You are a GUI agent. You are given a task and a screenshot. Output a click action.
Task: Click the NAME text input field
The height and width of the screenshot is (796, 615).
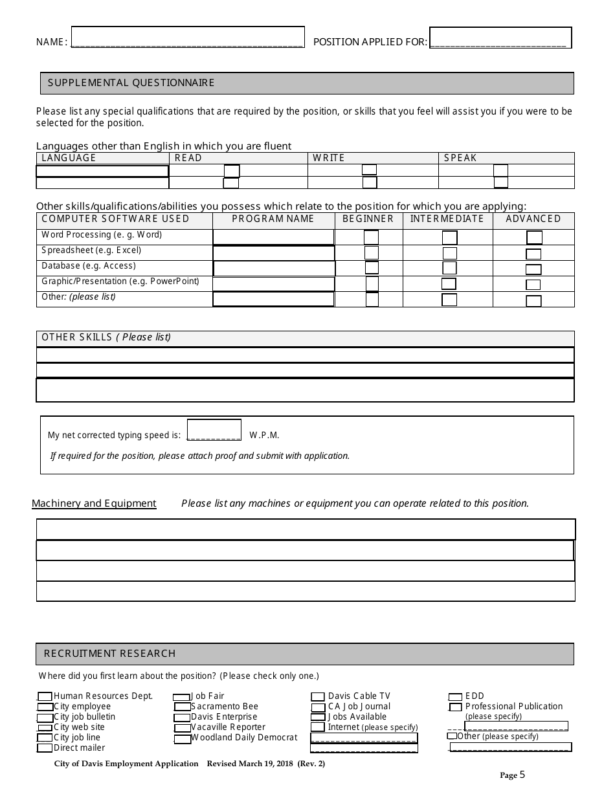coord(187,38)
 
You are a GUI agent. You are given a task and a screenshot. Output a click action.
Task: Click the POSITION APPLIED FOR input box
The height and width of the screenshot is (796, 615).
coord(500,38)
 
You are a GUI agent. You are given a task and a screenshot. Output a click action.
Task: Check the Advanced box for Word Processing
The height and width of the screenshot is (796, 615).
coord(534,238)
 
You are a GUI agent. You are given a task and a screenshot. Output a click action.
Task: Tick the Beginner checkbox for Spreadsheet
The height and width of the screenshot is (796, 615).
coord(372,253)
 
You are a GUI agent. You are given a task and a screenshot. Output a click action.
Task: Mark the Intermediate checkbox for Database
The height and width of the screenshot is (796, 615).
coord(449,268)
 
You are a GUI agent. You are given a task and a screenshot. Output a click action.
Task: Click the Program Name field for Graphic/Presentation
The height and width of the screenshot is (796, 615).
coord(273,284)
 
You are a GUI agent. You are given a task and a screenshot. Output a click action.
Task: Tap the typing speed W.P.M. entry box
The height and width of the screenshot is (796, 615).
coord(214,430)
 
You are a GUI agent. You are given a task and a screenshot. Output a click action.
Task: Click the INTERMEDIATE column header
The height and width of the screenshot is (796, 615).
coord(447,219)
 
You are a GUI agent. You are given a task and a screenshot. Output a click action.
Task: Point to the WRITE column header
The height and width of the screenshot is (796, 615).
coord(329,158)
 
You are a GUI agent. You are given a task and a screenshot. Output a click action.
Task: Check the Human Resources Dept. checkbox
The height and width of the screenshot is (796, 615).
coord(45,697)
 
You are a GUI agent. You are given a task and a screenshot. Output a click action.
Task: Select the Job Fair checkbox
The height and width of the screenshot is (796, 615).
coord(181,697)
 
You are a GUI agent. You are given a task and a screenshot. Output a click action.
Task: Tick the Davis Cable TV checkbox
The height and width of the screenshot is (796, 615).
coord(318,697)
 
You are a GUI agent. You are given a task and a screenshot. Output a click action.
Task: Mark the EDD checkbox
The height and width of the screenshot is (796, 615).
coord(455,697)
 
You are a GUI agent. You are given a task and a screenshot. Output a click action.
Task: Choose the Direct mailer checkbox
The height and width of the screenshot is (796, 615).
coord(45,748)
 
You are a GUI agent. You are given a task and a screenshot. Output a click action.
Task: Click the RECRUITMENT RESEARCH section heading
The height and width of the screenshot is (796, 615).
coord(109,654)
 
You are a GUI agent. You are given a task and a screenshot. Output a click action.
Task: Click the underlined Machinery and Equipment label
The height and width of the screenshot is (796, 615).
coord(94,503)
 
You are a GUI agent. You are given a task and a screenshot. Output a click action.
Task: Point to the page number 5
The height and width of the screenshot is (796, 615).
coord(522,774)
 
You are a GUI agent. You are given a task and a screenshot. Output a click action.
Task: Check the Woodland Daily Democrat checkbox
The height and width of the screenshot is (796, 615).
coord(183,738)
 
